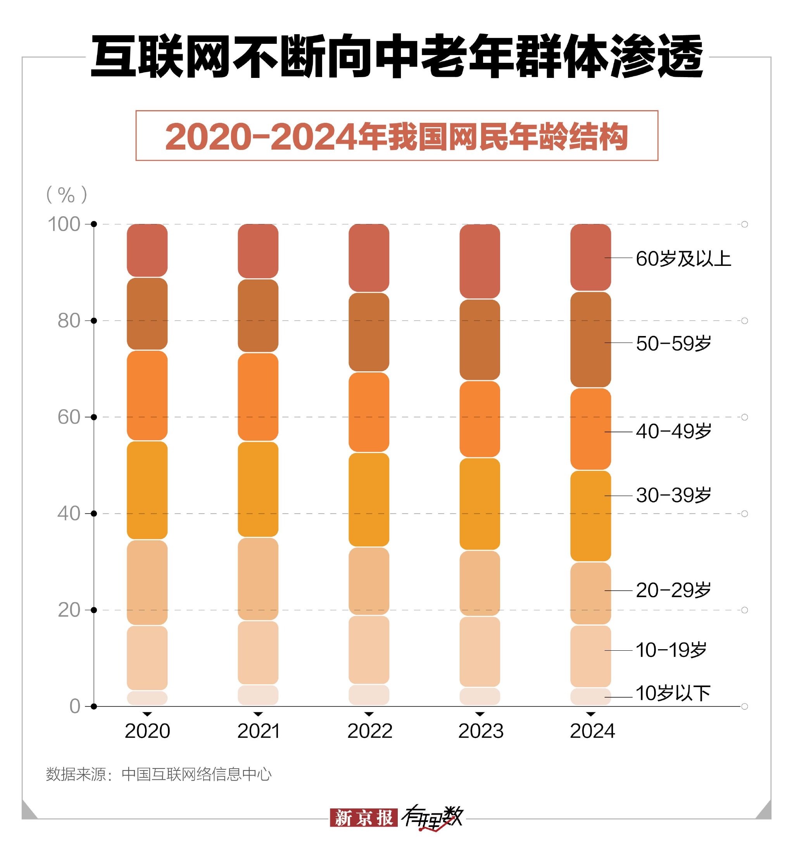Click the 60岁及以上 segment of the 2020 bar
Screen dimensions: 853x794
pyautogui.click(x=147, y=250)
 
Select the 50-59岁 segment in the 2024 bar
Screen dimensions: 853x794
pyautogui.click(x=590, y=339)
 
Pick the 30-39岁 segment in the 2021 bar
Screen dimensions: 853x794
pyautogui.click(x=258, y=489)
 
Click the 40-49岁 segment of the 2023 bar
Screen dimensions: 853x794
pyautogui.click(x=480, y=419)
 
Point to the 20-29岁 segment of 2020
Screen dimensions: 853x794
pyautogui.click(x=147, y=582)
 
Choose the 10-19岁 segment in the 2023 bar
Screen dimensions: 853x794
pyautogui.click(x=480, y=651)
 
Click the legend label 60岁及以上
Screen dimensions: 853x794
pyautogui.click(x=683, y=259)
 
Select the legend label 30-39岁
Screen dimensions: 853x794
pyautogui.click(x=673, y=496)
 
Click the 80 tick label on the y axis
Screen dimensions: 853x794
pyautogui.click(x=69, y=321)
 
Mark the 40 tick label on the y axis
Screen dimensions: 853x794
pyautogui.click(x=69, y=514)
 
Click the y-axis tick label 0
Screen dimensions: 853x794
pyautogui.click(x=75, y=707)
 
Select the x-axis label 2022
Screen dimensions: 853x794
pyautogui.click(x=369, y=732)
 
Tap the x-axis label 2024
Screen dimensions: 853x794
pyautogui.click(x=592, y=732)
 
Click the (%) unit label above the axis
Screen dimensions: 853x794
pyautogui.click(x=67, y=195)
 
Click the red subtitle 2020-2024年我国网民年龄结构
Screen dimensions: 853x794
pyautogui.click(x=397, y=136)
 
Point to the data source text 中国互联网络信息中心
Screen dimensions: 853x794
pyautogui.click(x=197, y=774)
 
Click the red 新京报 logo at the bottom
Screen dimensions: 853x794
pyautogui.click(x=364, y=818)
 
